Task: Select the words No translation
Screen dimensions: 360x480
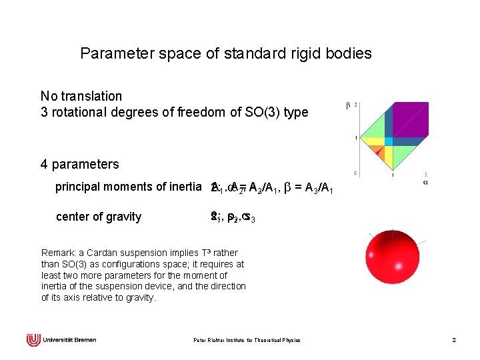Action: pos(81,97)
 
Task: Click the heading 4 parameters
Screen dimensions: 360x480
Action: pos(79,164)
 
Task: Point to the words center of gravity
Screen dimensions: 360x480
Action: pos(99,217)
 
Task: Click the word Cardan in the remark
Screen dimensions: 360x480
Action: pos(94,253)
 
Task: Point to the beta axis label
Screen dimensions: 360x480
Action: pos(348,105)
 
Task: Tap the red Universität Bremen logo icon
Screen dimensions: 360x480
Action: pos(33,340)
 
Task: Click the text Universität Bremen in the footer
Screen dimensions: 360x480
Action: pos(69,340)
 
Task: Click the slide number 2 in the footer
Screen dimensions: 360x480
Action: pos(453,340)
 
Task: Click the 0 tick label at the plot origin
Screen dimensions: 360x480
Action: pos(357,173)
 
